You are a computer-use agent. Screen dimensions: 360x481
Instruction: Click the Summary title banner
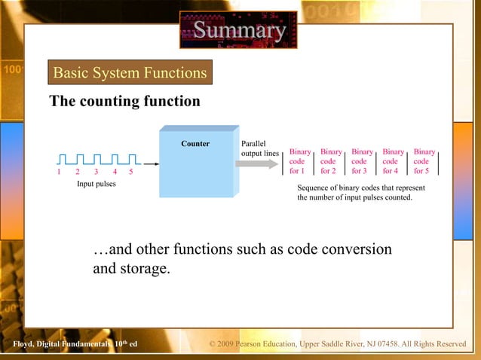238,30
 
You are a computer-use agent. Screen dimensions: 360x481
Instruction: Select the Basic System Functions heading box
130,73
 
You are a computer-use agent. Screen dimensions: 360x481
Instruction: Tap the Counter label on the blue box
195,143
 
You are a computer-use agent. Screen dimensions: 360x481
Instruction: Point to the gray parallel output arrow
256,163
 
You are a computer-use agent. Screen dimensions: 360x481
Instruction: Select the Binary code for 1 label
299,161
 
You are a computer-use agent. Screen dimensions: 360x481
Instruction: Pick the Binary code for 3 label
362,161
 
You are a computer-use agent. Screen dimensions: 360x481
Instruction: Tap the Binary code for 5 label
424,161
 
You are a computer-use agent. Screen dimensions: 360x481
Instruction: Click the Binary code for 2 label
330,161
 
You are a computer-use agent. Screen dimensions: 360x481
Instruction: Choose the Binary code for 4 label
393,161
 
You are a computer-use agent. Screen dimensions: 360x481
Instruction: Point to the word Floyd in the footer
14,345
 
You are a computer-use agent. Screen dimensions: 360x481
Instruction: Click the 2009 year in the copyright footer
228,345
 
